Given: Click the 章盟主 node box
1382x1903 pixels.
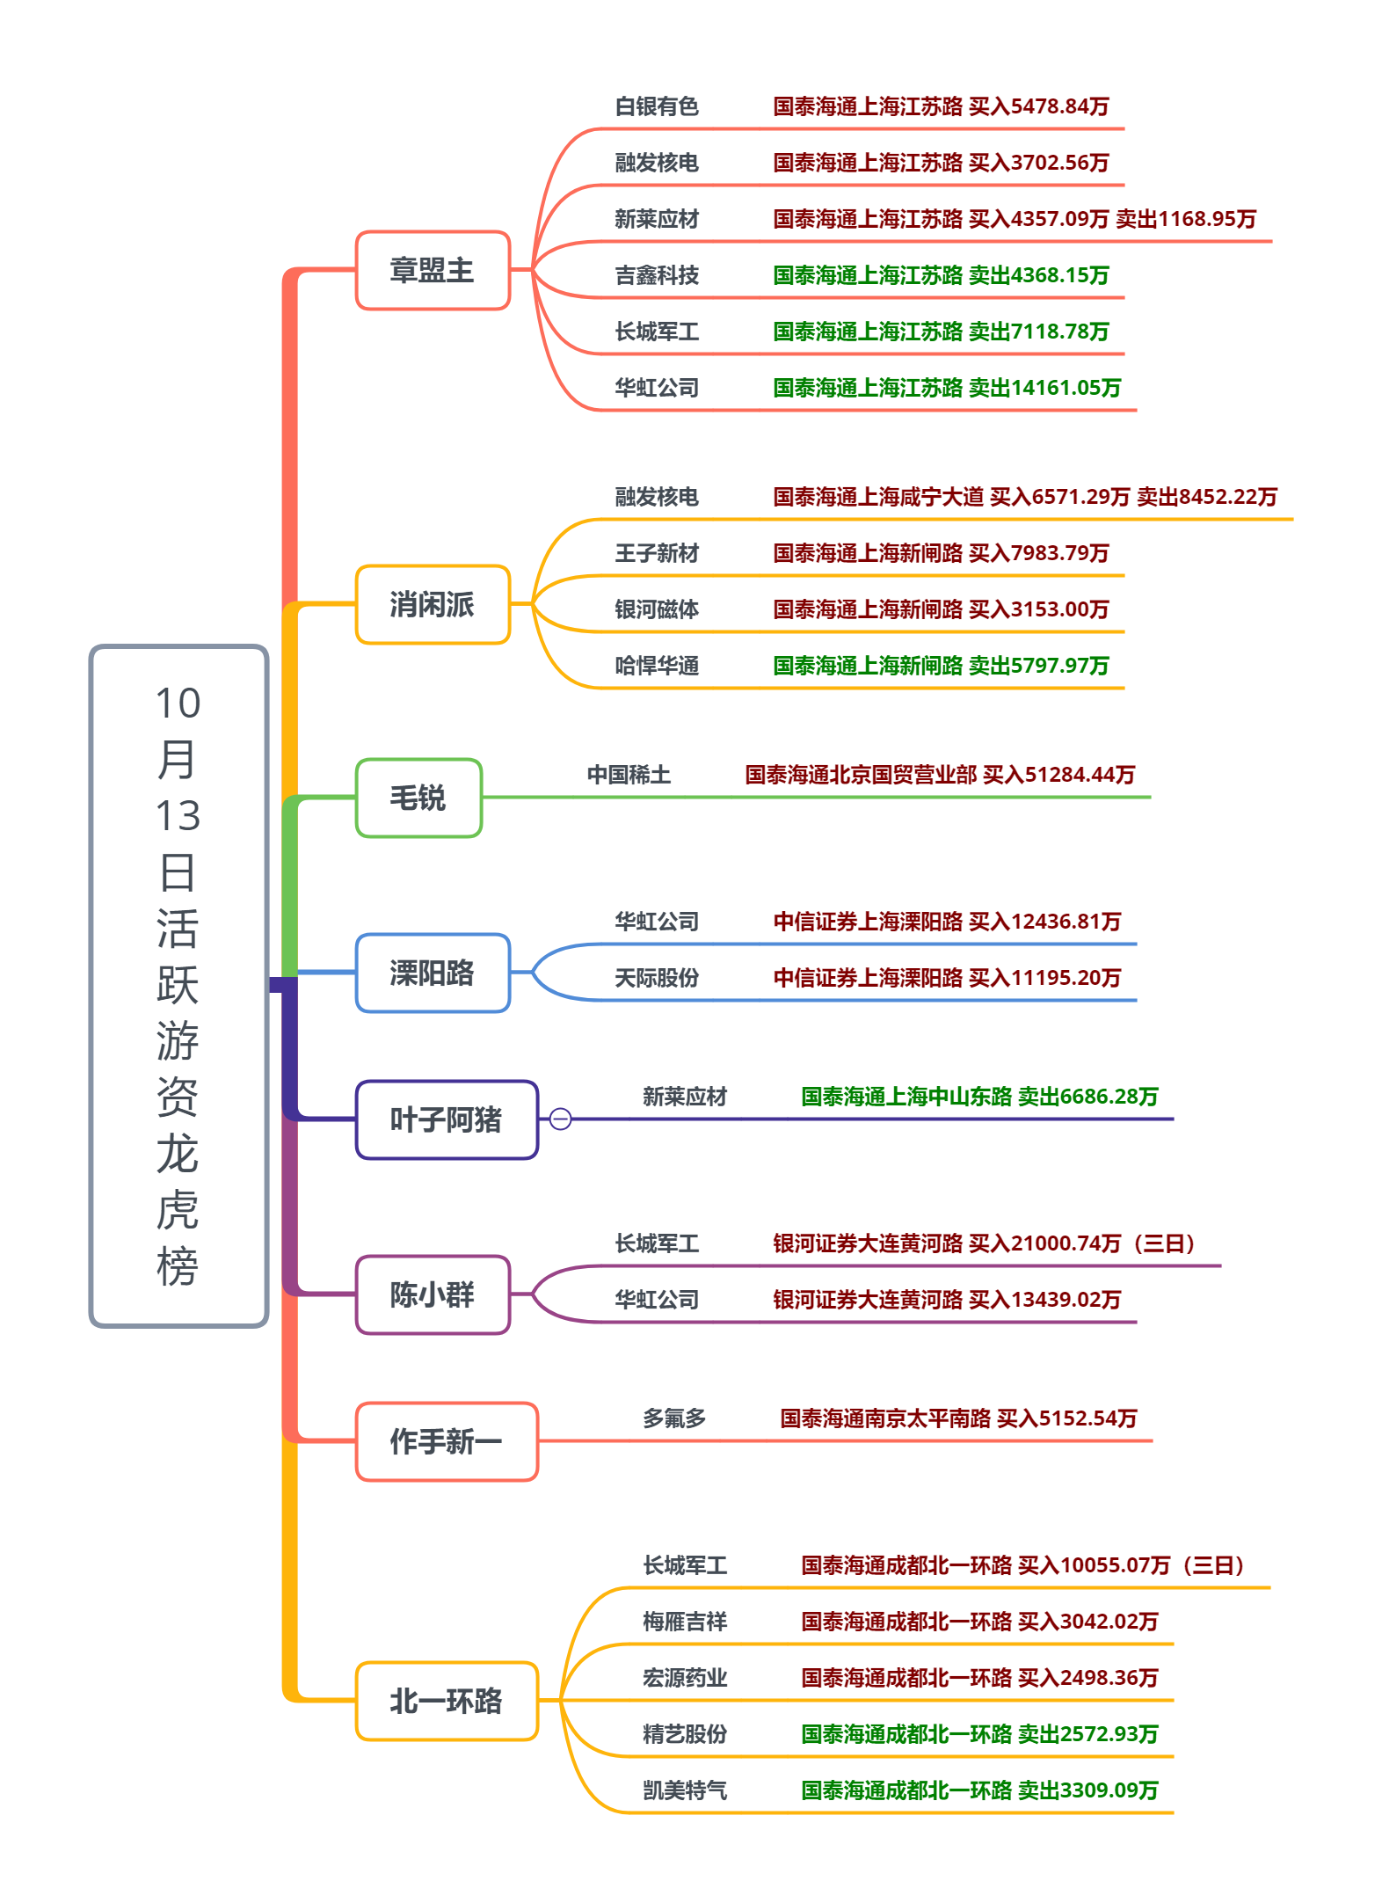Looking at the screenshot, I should click(433, 270).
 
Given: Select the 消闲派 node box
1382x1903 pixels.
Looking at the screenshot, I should click(433, 604).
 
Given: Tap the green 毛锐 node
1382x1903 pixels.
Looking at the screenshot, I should click(418, 798).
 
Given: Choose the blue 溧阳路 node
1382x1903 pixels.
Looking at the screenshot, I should click(433, 973).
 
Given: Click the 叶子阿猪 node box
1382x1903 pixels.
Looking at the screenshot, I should click(447, 1119).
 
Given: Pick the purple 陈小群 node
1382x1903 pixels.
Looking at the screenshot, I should click(433, 1294).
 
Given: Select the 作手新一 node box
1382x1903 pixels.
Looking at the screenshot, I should click(447, 1441).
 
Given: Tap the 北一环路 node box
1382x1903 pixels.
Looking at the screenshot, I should click(447, 1701).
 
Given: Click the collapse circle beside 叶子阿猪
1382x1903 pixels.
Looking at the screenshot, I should click(560, 1119).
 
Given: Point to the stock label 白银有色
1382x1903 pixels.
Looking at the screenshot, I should click(657, 106).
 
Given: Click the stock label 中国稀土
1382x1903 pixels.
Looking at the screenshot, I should click(629, 775).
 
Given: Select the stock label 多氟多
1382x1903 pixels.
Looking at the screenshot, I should click(674, 1418).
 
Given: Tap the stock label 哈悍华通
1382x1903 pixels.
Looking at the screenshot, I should click(657, 666).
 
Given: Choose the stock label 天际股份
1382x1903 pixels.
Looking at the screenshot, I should click(657, 978).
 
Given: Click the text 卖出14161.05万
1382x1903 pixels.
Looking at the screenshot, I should click(1044, 388).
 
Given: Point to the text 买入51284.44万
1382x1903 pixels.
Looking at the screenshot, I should click(1058, 775).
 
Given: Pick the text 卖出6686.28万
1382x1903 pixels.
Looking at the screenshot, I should click(1087, 1097).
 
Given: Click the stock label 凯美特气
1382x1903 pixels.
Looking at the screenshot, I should click(685, 1790).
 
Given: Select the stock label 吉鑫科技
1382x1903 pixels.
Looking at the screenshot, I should click(657, 275).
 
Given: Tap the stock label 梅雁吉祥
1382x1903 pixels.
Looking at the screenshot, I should click(685, 1622).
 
